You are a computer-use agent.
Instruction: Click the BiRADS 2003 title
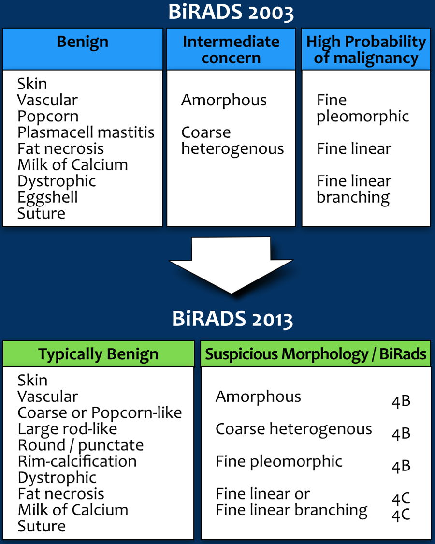(x=231, y=13)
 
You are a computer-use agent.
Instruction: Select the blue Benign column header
(x=83, y=42)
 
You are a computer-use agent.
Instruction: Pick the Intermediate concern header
(x=231, y=49)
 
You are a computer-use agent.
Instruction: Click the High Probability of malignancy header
(x=366, y=49)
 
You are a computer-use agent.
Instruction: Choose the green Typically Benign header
(x=99, y=354)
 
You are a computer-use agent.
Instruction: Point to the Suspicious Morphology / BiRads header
(x=316, y=354)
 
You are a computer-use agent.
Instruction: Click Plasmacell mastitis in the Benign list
(x=86, y=132)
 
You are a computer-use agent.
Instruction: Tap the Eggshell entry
(x=47, y=197)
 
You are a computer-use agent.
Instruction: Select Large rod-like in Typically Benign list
(x=67, y=428)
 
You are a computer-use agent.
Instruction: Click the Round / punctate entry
(x=81, y=445)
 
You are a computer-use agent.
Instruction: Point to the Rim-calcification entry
(x=77, y=461)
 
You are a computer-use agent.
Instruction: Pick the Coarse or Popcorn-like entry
(x=100, y=412)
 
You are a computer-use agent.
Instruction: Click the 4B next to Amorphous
(x=401, y=401)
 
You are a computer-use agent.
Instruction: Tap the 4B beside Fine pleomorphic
(x=401, y=466)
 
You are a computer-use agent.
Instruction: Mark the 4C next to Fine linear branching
(x=401, y=515)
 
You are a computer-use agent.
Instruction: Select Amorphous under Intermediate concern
(x=224, y=100)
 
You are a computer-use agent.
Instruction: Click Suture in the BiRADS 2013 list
(x=42, y=526)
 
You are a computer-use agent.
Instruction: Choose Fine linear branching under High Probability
(x=354, y=189)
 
